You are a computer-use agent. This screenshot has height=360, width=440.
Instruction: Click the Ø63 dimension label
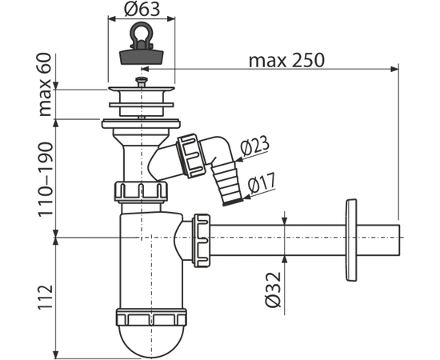pyautogui.click(x=142, y=9)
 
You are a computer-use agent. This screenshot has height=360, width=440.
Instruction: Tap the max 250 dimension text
pyautogui.click(x=286, y=60)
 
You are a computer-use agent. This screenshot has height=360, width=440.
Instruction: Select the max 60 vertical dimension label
pyautogui.click(x=45, y=85)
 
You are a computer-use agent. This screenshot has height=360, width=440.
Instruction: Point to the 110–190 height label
pyautogui.click(x=45, y=179)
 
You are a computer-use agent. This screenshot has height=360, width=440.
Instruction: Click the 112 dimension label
pyautogui.click(x=46, y=298)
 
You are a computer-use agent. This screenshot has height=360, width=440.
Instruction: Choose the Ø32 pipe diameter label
pyautogui.click(x=273, y=289)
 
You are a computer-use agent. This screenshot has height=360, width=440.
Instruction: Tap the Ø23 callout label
pyautogui.click(x=254, y=146)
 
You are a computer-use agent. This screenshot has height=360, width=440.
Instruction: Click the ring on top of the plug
pyautogui.click(x=141, y=32)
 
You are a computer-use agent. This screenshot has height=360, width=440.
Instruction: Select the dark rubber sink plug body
pyautogui.click(x=141, y=56)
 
